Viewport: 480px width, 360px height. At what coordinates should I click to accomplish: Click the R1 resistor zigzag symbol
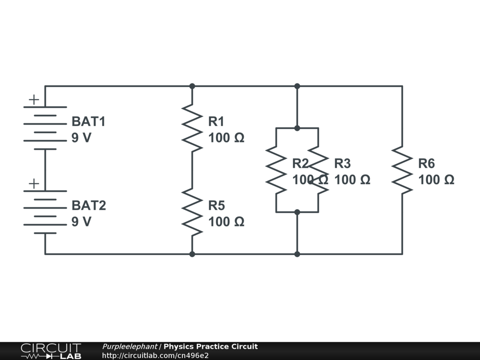(x=192, y=128)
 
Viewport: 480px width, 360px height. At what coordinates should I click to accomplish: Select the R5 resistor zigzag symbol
(x=192, y=212)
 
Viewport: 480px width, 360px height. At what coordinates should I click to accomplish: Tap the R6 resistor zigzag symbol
(x=402, y=170)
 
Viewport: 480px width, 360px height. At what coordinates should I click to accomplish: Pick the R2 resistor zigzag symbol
(x=276, y=170)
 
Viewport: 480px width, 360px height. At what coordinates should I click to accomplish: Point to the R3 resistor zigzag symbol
(x=318, y=170)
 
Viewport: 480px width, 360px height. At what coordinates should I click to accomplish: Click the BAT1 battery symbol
(x=45, y=128)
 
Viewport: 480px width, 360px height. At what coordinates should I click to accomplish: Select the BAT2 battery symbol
(x=45, y=212)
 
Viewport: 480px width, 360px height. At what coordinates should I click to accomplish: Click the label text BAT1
(x=89, y=122)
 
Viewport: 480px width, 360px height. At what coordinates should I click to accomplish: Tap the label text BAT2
(x=89, y=206)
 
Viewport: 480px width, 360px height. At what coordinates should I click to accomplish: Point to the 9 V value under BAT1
(x=82, y=138)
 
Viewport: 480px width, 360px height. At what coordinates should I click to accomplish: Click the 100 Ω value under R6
(x=436, y=180)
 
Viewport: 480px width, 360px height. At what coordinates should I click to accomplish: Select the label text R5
(x=217, y=206)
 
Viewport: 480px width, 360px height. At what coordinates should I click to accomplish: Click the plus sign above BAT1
(x=34, y=99)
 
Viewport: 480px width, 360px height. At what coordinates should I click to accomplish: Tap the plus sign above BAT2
(x=34, y=184)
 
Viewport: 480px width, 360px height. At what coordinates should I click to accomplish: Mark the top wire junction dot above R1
(x=192, y=86)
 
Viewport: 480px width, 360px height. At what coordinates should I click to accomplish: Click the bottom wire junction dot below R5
(x=192, y=254)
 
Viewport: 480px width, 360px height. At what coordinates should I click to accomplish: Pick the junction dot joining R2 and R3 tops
(x=297, y=128)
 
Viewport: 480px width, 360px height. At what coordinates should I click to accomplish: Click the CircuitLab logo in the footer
(x=51, y=351)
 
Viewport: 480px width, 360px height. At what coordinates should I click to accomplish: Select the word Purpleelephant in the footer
(x=130, y=347)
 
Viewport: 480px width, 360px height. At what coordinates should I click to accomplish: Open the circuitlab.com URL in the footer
(x=155, y=355)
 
